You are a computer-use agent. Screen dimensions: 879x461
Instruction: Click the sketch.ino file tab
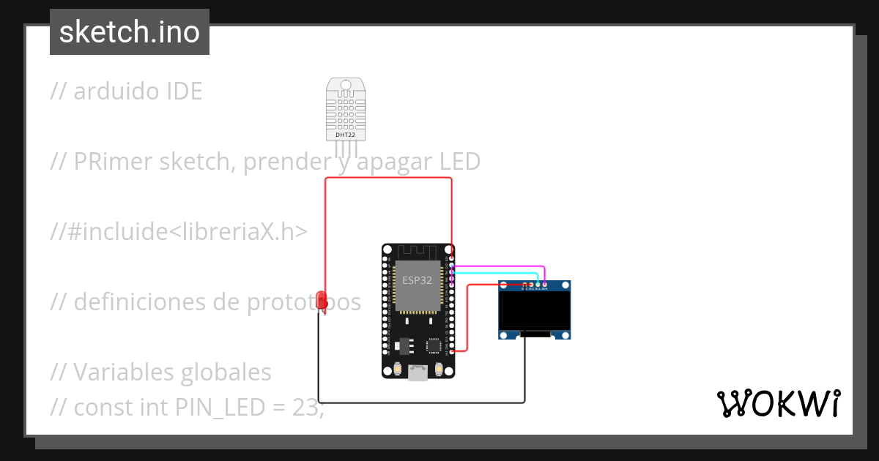[130, 32]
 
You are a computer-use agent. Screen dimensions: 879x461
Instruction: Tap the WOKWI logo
[778, 403]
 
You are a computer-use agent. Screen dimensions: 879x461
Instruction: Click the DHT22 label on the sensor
[345, 135]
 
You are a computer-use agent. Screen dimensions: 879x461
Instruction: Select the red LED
[321, 299]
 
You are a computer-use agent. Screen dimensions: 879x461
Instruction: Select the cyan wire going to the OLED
[498, 273]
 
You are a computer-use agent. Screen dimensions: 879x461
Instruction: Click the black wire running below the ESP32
[421, 402]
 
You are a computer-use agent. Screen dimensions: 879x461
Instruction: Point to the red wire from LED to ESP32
[388, 178]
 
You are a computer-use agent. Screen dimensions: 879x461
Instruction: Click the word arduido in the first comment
[117, 91]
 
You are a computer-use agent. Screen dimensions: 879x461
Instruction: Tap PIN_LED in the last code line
[219, 407]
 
